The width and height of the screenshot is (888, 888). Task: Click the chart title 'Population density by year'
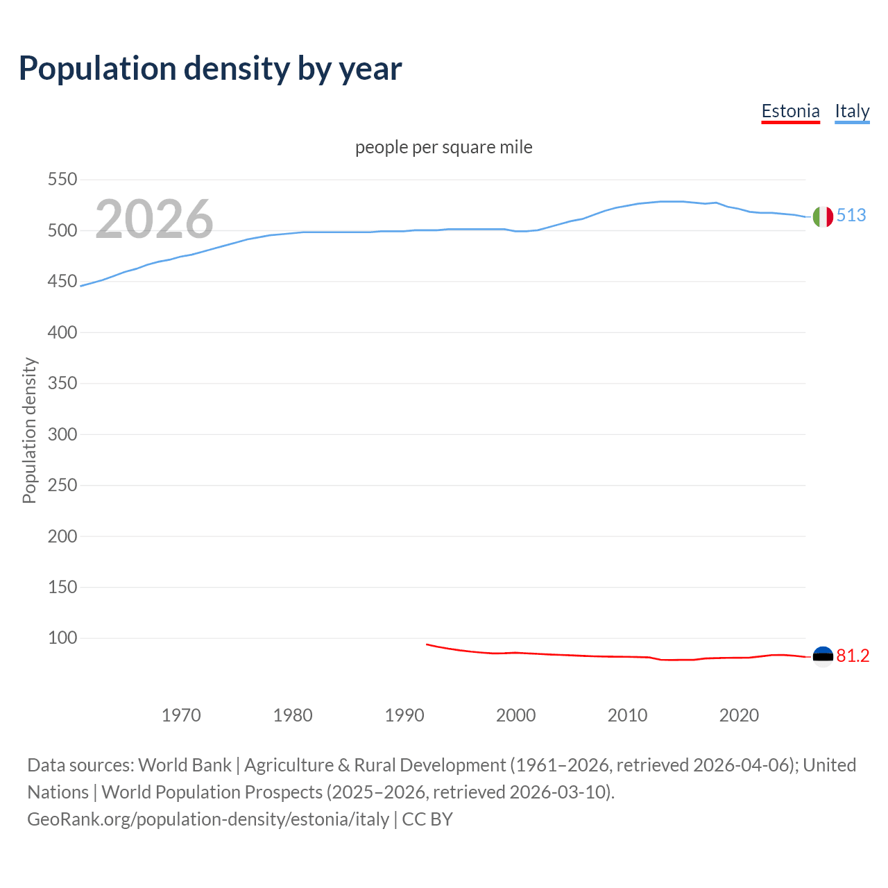click(x=210, y=68)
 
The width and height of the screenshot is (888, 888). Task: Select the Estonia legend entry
click(x=790, y=111)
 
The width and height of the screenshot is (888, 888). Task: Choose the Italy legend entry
click(x=852, y=111)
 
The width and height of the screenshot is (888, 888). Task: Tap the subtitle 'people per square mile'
click(x=443, y=147)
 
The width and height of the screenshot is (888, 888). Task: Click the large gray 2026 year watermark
click(x=154, y=219)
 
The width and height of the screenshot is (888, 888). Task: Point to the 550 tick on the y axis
click(x=62, y=180)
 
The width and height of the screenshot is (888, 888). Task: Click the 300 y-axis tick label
click(x=62, y=434)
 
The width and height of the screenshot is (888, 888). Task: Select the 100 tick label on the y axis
click(x=62, y=638)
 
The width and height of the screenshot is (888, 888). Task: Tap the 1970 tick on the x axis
click(x=181, y=715)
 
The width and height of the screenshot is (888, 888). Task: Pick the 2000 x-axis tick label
click(x=515, y=715)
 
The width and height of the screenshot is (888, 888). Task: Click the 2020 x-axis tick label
click(x=739, y=715)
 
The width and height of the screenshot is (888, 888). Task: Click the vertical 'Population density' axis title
click(x=29, y=430)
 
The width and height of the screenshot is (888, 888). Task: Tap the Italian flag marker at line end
click(x=823, y=216)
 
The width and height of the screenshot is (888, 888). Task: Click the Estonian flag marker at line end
click(x=823, y=656)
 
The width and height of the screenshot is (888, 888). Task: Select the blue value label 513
click(x=851, y=215)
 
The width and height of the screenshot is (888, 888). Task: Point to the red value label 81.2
click(x=853, y=656)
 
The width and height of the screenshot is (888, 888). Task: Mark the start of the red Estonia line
click(x=427, y=644)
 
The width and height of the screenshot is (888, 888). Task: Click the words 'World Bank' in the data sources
click(x=185, y=765)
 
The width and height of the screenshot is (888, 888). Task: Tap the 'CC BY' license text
click(x=427, y=819)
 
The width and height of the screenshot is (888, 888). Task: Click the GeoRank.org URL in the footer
click(x=208, y=819)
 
